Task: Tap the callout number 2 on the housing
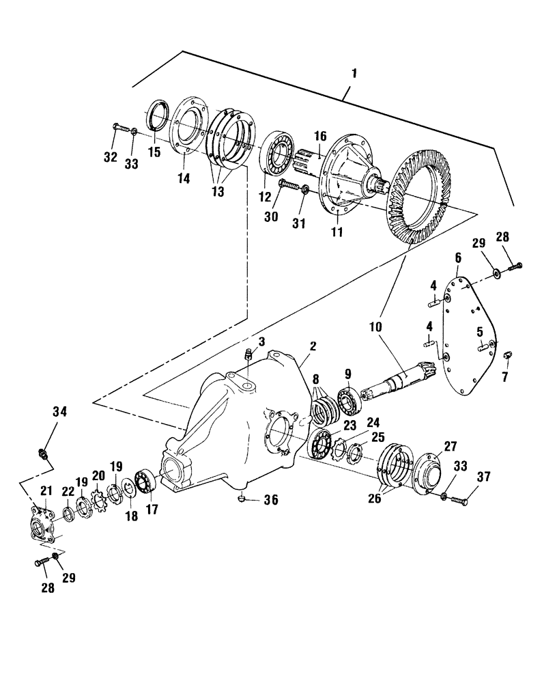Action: coord(312,347)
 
